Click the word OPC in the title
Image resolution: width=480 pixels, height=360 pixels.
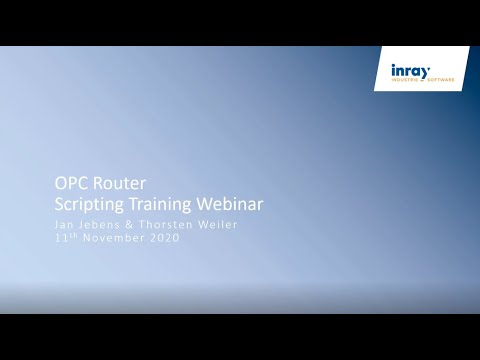click(71, 184)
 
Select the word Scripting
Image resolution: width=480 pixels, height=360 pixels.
click(88, 204)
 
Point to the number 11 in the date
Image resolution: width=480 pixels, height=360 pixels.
click(61, 240)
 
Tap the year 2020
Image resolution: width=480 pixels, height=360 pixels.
click(162, 240)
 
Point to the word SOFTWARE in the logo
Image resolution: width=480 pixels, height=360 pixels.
click(439, 80)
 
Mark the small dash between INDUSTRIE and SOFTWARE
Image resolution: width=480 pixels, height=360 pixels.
click(423, 80)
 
